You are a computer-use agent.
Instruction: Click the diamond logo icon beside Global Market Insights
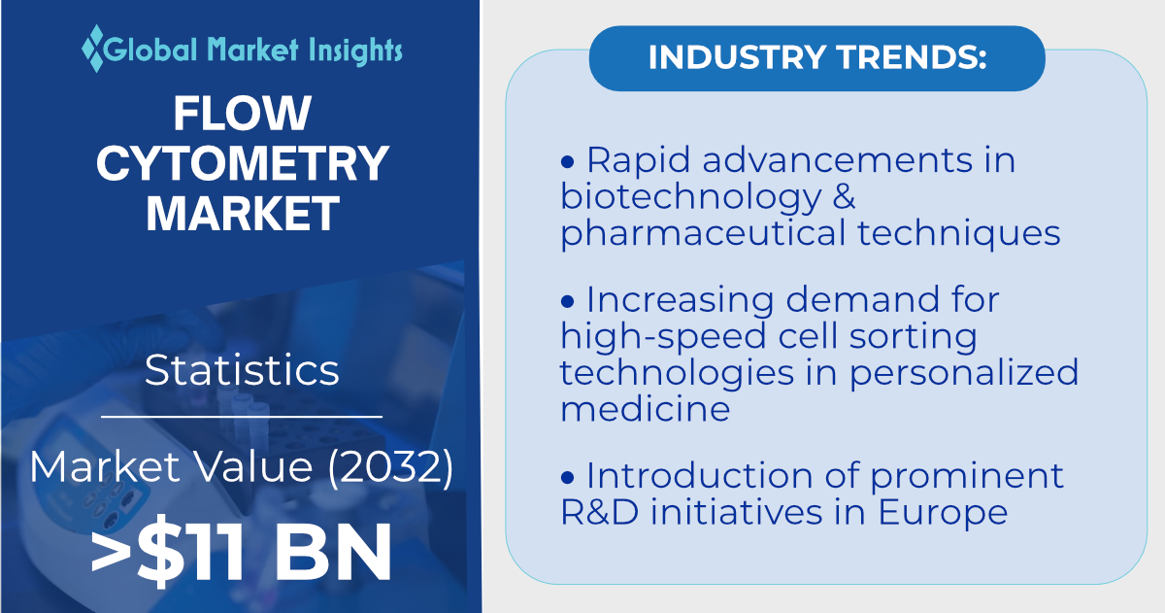[93, 49]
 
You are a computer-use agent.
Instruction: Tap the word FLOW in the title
[243, 113]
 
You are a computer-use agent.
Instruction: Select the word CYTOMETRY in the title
[243, 163]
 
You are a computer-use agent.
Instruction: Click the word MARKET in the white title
[243, 213]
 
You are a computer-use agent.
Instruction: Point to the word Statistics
[242, 370]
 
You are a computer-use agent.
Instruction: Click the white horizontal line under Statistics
[242, 417]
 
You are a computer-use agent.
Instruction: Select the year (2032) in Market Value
[391, 466]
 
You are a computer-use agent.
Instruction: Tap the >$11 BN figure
[241, 551]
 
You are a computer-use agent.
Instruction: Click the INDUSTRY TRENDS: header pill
[817, 58]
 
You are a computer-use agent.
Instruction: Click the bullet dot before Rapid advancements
[567, 161]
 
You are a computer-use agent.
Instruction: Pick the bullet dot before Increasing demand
[567, 301]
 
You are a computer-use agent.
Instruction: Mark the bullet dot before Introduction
[567, 477]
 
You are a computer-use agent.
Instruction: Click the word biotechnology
[690, 198]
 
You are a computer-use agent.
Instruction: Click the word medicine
[646, 409]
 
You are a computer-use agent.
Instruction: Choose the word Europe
[943, 514]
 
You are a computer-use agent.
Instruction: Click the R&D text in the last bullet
[600, 512]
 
